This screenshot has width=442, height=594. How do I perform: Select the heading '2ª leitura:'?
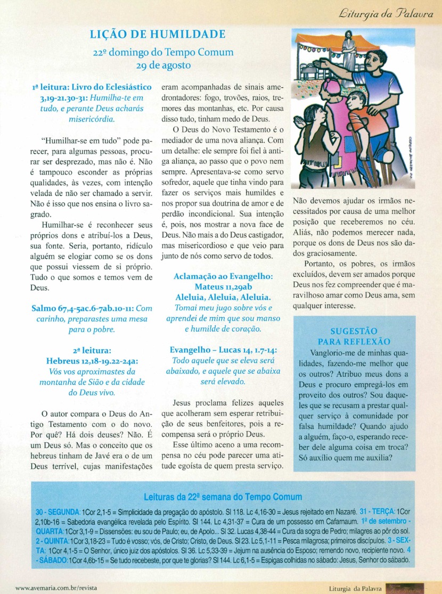92,350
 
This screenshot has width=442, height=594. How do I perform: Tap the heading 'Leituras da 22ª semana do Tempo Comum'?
219,497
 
